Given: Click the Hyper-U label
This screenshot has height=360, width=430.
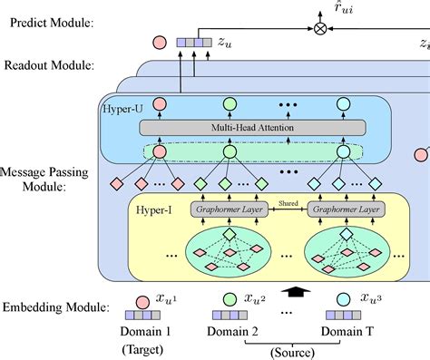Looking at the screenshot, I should (x=122, y=109).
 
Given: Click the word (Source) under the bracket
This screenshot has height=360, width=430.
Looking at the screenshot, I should (x=283, y=352).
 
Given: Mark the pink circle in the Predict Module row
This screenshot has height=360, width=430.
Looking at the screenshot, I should (x=159, y=42).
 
